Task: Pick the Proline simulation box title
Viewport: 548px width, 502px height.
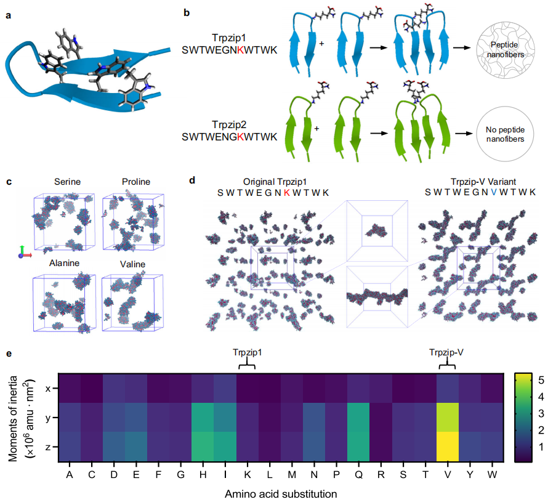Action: click(136, 182)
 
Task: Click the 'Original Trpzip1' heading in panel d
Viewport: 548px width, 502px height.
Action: click(274, 182)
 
